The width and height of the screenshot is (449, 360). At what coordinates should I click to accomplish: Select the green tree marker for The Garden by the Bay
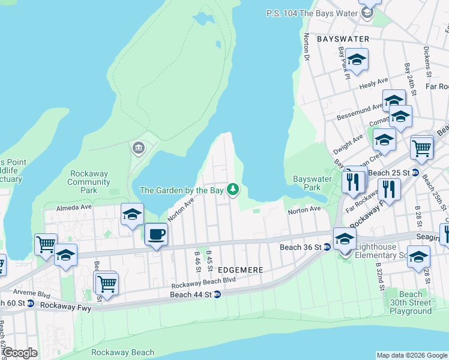coord(233,190)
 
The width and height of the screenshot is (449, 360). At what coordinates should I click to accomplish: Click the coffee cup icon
coord(156,234)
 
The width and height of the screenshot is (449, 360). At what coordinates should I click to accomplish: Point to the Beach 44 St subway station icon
coord(217,294)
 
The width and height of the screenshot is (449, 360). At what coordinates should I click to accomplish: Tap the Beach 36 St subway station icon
coord(327,247)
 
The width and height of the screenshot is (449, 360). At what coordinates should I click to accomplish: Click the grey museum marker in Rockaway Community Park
coord(139,148)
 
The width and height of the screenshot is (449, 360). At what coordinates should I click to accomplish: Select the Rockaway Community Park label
coord(88,182)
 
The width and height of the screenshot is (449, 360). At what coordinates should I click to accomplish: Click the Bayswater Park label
coord(312,183)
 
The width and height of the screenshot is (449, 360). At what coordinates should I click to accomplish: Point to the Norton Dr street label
coord(307,47)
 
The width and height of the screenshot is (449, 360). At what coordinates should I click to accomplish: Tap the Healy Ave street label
coord(374,83)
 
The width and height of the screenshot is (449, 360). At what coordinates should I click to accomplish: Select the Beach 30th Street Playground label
coord(411,302)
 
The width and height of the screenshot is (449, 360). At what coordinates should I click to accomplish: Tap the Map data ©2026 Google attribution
coord(412,355)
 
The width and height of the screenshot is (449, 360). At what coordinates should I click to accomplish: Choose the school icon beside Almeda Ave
coord(132,214)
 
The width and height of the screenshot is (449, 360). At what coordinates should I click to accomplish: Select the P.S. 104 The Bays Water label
coord(311,13)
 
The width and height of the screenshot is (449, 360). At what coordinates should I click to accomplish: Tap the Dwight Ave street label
coord(348,141)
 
